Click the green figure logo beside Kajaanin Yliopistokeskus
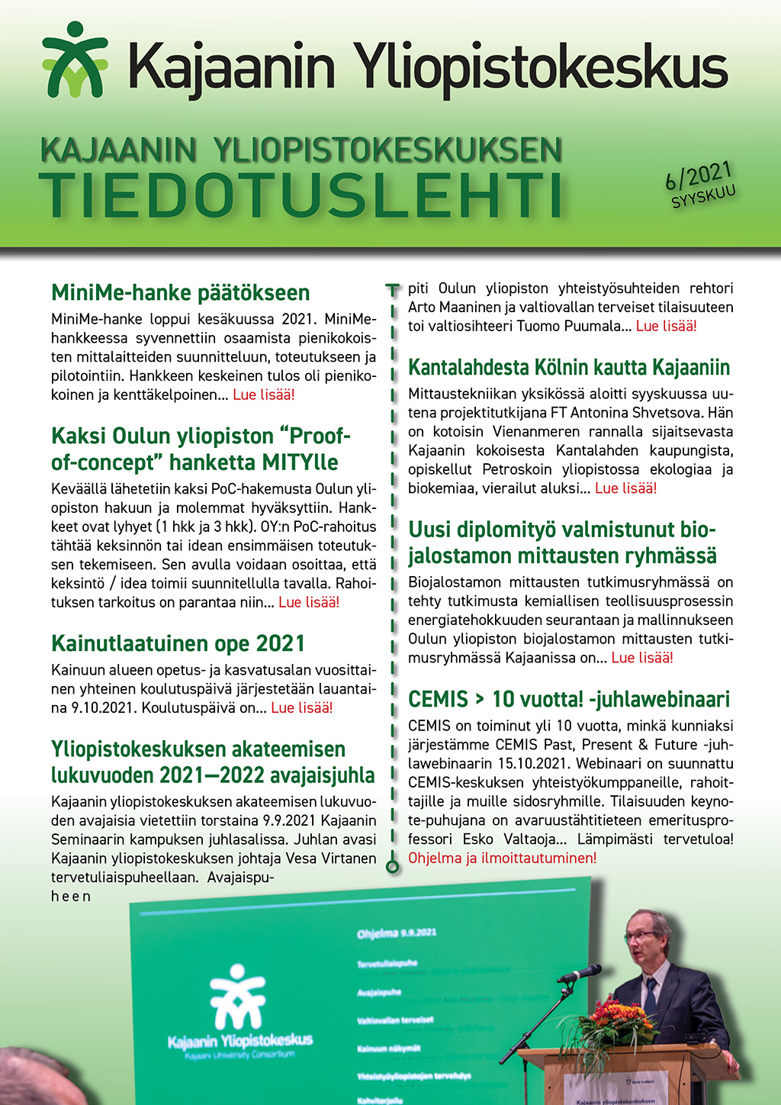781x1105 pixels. (74, 60)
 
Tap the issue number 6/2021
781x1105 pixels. (698, 175)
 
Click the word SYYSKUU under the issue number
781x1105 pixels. (703, 196)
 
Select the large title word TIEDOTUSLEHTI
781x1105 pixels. (301, 195)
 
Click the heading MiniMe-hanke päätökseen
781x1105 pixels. (180, 293)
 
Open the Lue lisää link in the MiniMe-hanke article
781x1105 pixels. (264, 395)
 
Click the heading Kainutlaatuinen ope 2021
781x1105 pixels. (178, 643)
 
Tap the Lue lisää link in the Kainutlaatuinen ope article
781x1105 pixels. (302, 707)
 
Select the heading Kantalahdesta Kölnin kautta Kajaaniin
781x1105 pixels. (569, 368)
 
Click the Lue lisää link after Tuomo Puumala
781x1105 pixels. (666, 326)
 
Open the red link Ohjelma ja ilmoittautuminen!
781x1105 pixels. (502, 858)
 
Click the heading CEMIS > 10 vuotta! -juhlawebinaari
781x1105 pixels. (569, 699)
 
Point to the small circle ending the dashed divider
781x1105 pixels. (393, 866)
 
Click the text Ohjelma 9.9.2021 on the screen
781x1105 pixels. (397, 933)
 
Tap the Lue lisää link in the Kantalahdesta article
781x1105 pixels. (625, 488)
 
